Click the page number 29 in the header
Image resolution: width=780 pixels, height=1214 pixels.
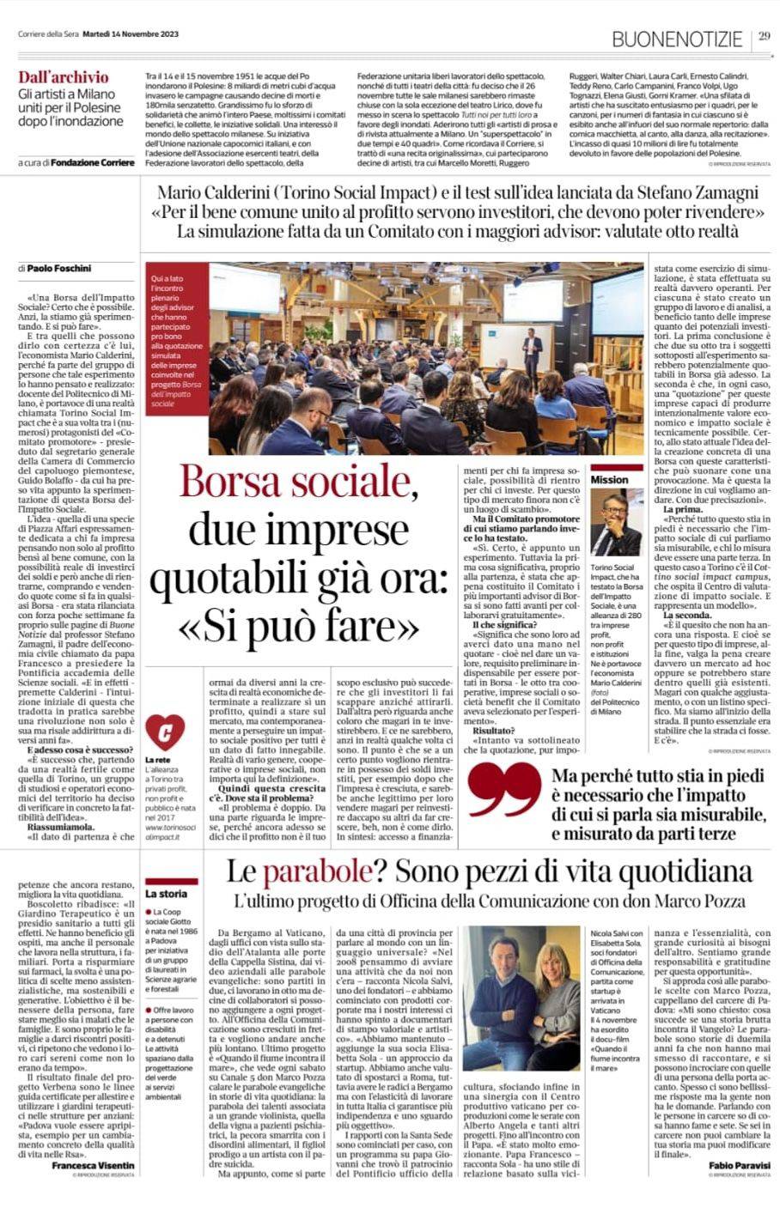[x=765, y=35]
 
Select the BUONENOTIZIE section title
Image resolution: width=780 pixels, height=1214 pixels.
[x=677, y=38]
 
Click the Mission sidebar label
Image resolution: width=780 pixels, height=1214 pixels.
[x=609, y=480]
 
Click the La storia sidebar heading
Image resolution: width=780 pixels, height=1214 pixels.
[x=166, y=894]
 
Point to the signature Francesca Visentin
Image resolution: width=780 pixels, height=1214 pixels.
[x=93, y=1164]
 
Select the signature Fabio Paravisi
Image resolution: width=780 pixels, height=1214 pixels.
[x=740, y=1164]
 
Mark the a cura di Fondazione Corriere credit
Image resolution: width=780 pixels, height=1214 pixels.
[x=76, y=162]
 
